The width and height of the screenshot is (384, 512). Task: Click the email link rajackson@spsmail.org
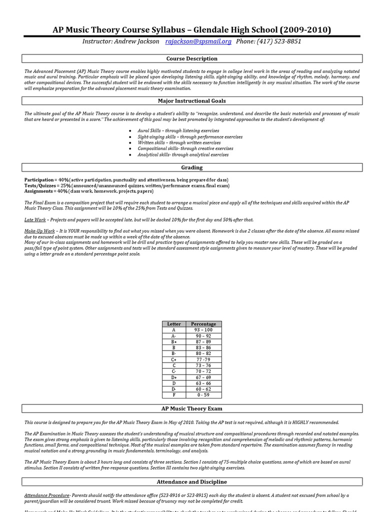coord(198,41)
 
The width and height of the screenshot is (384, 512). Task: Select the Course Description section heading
coord(192,59)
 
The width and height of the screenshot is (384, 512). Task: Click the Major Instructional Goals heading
coord(192,101)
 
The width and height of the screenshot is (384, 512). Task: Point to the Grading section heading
coord(192,167)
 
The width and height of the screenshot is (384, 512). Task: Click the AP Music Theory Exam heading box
coord(192,409)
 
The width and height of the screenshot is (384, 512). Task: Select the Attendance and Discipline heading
coord(192,482)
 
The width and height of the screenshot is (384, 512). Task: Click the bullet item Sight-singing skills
coord(190,136)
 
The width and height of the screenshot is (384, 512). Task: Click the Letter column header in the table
coord(174,324)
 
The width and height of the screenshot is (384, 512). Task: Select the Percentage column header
coord(203,324)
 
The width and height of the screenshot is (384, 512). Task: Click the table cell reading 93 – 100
coord(203,330)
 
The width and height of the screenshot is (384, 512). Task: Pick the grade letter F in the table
coord(174,395)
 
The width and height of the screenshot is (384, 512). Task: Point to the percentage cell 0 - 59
coord(203,395)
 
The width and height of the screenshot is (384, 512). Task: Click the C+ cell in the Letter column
coord(174,359)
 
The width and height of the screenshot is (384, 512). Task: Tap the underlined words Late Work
coord(35,219)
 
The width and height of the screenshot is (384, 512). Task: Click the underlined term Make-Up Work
coord(39,231)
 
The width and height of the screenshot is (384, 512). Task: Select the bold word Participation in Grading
coord(39,179)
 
